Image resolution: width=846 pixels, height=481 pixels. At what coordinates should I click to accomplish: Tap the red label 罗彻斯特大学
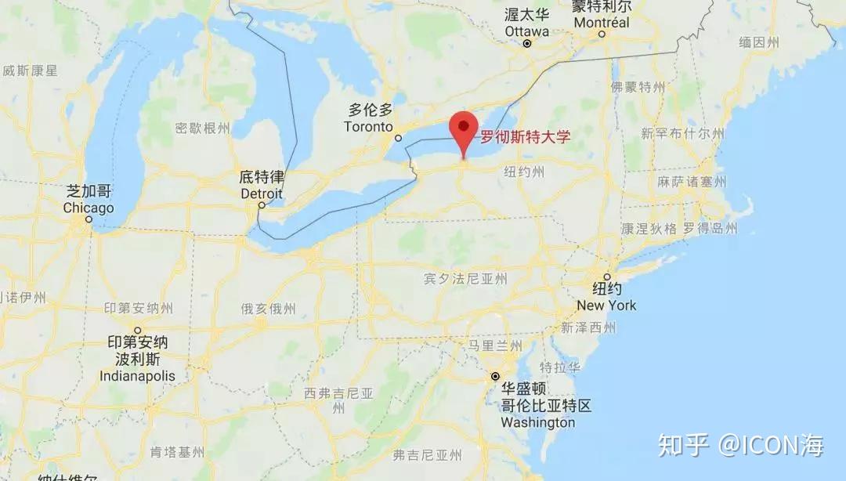pyautogui.click(x=525, y=136)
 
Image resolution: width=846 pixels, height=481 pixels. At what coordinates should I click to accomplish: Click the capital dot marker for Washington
pyautogui.click(x=495, y=377)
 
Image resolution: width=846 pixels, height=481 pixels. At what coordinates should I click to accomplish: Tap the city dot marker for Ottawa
pyautogui.click(x=527, y=44)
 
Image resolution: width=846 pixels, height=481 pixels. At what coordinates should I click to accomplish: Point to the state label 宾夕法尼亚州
pyautogui.click(x=465, y=279)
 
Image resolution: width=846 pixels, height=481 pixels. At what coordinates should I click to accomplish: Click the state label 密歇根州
pyautogui.click(x=203, y=128)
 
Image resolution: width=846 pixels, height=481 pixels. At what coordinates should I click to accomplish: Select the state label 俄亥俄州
pyautogui.click(x=269, y=309)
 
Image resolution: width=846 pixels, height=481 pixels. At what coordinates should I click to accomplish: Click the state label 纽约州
pyautogui.click(x=524, y=172)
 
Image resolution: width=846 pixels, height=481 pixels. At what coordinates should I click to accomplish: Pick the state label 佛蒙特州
pyautogui.click(x=638, y=86)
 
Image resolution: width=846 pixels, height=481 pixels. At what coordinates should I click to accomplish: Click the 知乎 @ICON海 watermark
pyautogui.click(x=740, y=446)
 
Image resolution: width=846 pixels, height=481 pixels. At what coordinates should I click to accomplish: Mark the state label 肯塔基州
pyautogui.click(x=177, y=452)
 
